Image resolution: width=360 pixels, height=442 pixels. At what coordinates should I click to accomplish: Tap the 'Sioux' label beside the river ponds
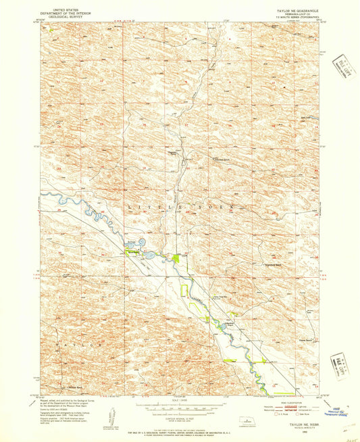point(131,241)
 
